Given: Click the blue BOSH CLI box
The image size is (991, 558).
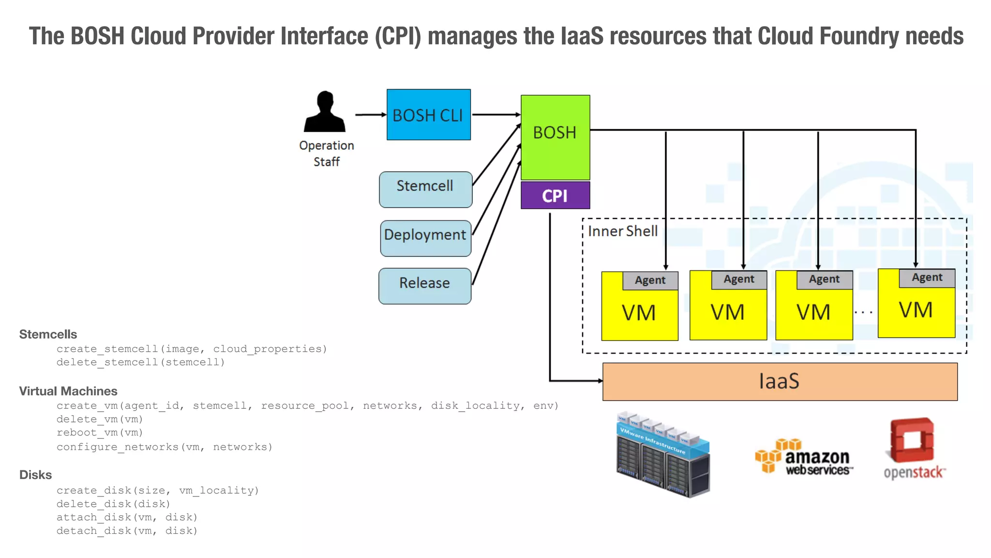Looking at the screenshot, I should (428, 115).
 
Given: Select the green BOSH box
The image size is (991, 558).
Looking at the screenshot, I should (555, 137).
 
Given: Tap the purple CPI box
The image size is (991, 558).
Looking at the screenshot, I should (555, 196).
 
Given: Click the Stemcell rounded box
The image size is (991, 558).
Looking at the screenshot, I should (425, 189).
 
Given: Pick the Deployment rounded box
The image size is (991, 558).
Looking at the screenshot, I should (425, 238).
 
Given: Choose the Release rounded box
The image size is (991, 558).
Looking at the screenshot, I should (424, 286).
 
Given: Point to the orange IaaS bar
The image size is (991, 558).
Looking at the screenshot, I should (779, 381).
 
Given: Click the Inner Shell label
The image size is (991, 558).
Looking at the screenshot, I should (622, 231).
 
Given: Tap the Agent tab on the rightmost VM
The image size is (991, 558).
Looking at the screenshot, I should (927, 278).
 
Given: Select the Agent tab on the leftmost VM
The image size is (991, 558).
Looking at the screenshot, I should (650, 280).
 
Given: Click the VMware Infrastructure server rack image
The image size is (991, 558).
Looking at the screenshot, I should (663, 455).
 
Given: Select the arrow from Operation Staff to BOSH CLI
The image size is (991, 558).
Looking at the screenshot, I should (370, 115).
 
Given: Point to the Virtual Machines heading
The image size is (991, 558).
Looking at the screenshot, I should (68, 391).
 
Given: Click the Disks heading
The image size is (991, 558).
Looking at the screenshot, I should (35, 475).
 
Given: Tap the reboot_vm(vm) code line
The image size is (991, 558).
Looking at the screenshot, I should (100, 433).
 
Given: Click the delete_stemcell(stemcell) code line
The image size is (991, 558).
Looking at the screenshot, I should (140, 362).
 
